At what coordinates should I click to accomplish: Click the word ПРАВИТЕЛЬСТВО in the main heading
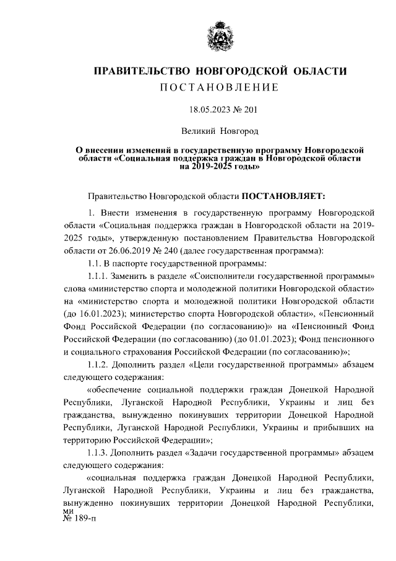[x=138, y=72]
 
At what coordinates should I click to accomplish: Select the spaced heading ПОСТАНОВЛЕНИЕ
[x=220, y=88]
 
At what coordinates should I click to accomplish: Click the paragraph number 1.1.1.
[x=99, y=276]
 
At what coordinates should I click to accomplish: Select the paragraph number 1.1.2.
[x=99, y=364]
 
